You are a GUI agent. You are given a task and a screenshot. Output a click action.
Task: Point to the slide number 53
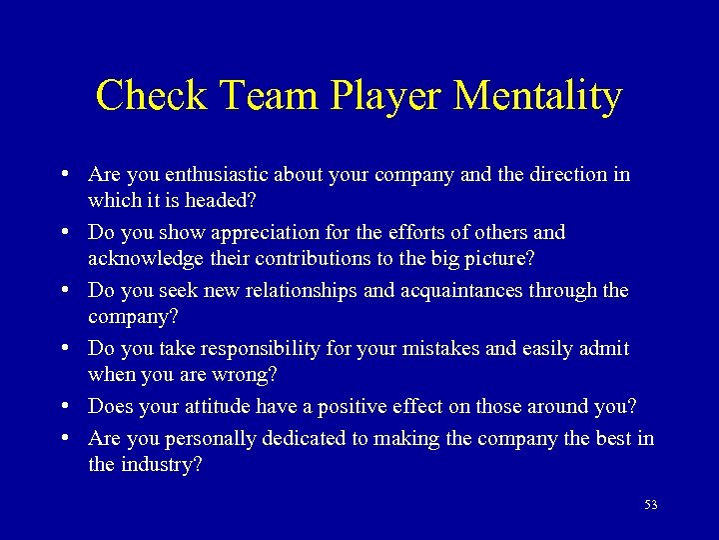click(651, 505)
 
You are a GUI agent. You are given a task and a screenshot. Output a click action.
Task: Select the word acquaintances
click(468, 291)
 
